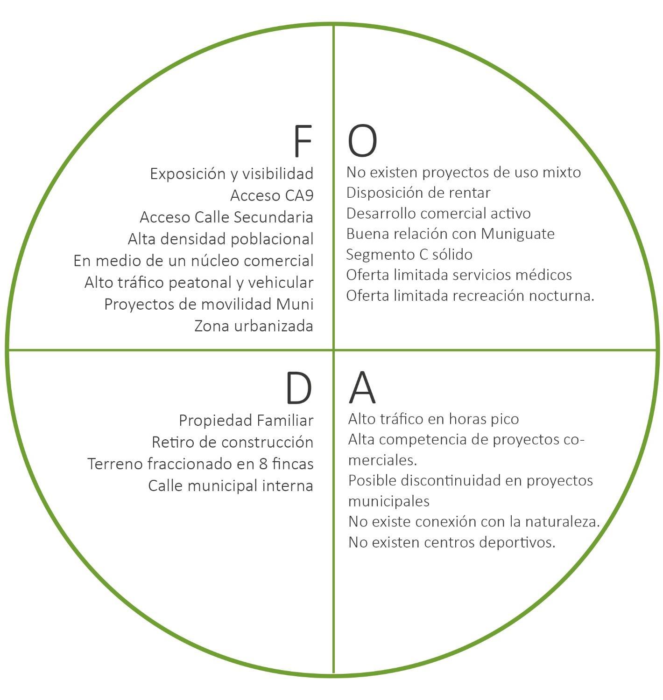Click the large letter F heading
303,141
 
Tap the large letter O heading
362,141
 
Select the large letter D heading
298,388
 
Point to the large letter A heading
362,388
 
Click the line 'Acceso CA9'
272,195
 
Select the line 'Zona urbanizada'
254,326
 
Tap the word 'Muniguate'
518,234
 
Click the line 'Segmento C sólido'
409,255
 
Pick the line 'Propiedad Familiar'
246,421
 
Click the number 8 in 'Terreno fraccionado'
263,464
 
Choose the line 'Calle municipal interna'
231,486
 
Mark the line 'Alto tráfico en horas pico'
433,419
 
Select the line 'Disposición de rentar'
418,193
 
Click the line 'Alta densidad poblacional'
220,239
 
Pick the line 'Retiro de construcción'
233,442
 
